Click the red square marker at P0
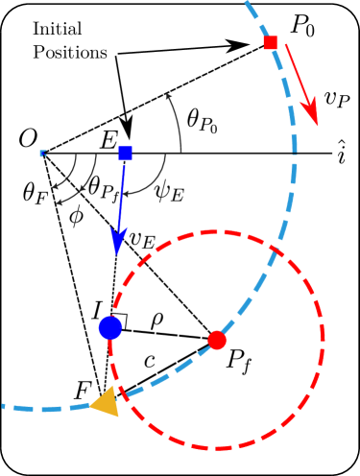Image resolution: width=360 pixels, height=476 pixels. tap(271, 42)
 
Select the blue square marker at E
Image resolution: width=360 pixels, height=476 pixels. tap(125, 153)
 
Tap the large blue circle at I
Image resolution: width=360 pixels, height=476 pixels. tap(110, 328)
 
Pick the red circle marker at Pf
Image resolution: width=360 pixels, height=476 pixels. tap(217, 339)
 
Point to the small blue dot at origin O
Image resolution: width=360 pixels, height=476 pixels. tap(42, 153)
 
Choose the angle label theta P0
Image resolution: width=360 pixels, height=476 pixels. tap(203, 120)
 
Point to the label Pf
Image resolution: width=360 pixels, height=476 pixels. tap(243, 364)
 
